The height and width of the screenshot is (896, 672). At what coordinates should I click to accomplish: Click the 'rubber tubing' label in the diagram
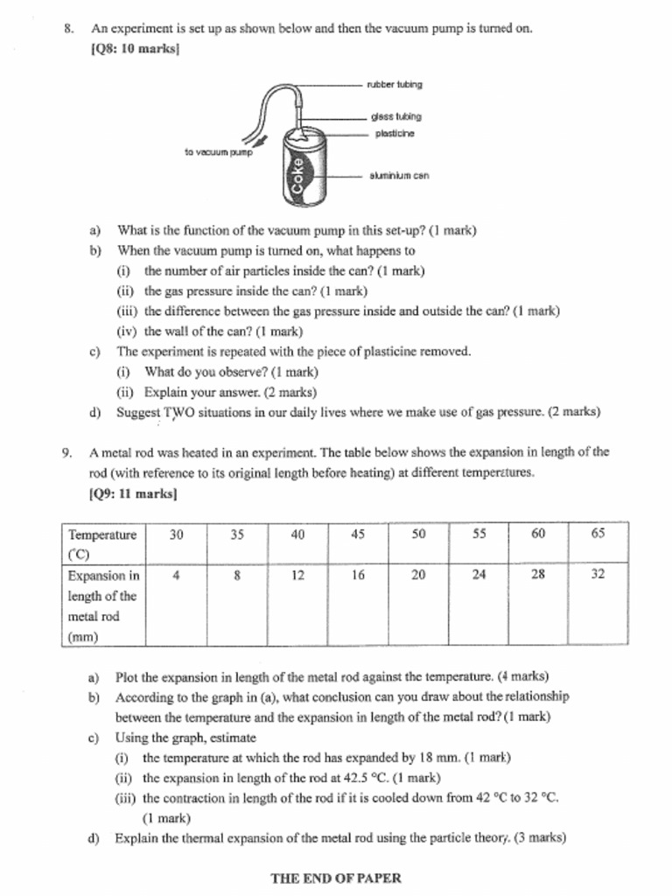pyautogui.click(x=394, y=85)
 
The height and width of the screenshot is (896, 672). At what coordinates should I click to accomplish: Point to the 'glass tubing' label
pyautogui.click(x=395, y=116)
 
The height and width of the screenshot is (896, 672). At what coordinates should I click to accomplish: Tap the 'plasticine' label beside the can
pyautogui.click(x=395, y=134)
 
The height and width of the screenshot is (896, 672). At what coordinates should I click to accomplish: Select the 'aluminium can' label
pyautogui.click(x=399, y=176)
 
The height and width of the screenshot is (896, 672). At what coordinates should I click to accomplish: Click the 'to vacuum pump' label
pyautogui.click(x=218, y=152)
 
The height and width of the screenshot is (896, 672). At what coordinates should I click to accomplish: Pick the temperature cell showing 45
pyautogui.click(x=358, y=535)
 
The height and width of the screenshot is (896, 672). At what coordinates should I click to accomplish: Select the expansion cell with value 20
pyautogui.click(x=418, y=575)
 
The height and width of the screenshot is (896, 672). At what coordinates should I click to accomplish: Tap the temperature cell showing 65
pyautogui.click(x=598, y=535)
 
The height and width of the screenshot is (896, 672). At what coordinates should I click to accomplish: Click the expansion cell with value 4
pyautogui.click(x=176, y=575)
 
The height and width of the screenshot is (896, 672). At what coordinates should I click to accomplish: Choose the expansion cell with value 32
pyautogui.click(x=598, y=575)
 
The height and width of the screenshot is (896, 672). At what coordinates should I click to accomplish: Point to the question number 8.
pyautogui.click(x=67, y=28)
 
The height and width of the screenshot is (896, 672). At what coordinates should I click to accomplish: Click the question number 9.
pyautogui.click(x=66, y=453)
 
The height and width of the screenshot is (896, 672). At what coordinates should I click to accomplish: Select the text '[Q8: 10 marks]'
pyautogui.click(x=135, y=49)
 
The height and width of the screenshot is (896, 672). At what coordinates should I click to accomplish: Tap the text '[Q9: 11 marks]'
pyautogui.click(x=133, y=493)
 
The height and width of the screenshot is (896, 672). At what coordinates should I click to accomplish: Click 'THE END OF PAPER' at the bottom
pyautogui.click(x=336, y=878)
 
